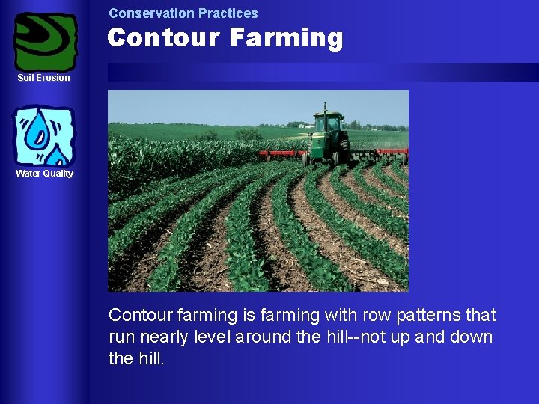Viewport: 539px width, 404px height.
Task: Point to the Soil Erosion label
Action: [44, 78]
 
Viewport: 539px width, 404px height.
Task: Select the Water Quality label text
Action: [45, 174]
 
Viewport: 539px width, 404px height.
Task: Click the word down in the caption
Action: [472, 337]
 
